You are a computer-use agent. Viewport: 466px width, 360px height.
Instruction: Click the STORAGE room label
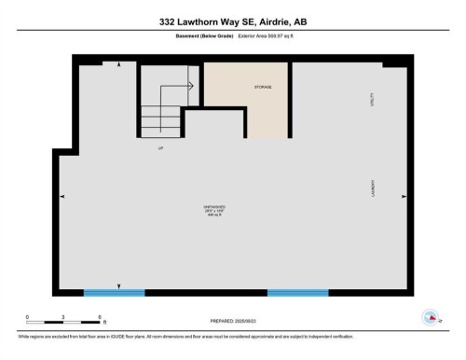pos(263,87)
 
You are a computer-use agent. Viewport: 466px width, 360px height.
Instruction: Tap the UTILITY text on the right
pos(373,100)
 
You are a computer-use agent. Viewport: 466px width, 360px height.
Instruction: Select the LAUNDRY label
pos(373,187)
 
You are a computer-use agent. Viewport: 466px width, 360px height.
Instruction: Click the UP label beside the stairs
pos(160,147)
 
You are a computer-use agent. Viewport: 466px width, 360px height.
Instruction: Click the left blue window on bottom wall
pos(114,293)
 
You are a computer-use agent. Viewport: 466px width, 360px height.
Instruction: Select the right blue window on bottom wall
pos(298,293)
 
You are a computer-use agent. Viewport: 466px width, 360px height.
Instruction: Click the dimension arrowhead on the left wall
pos(62,197)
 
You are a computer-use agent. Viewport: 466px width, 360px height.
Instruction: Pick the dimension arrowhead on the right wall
pos(404,196)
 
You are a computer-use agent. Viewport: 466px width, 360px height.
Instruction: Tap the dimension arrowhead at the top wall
pos(117,65)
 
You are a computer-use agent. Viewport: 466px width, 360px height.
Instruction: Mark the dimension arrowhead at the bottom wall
pos(118,285)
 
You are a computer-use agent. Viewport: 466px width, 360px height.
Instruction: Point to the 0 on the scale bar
pos(27,316)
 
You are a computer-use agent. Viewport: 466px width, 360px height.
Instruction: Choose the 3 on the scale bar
pos(62,316)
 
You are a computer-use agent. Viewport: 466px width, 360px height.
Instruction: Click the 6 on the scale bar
pos(99,316)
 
